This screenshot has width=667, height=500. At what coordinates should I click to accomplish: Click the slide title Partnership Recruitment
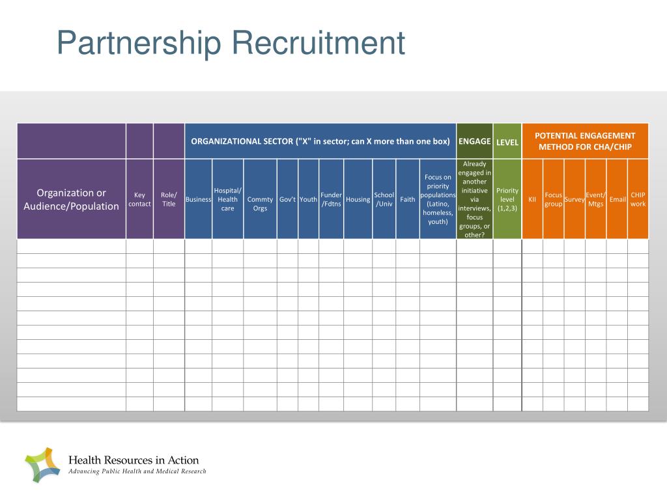(231, 44)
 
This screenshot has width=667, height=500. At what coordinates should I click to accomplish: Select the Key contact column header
(139, 199)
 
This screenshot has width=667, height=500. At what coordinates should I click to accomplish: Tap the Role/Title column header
(169, 199)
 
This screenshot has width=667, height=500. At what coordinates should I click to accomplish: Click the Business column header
(198, 199)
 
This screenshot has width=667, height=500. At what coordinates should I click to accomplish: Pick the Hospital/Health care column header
(227, 199)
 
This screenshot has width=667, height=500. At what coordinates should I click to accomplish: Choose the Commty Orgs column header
(260, 204)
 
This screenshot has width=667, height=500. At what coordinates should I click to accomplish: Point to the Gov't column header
(287, 199)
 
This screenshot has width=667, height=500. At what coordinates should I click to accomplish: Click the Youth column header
(308, 199)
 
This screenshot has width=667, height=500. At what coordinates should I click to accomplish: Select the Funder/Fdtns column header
(331, 199)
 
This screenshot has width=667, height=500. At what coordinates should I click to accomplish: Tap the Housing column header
(358, 199)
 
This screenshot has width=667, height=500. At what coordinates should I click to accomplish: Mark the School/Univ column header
(384, 199)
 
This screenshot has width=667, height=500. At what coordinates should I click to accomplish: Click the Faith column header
(407, 199)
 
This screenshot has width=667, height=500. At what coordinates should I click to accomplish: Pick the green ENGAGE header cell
(474, 141)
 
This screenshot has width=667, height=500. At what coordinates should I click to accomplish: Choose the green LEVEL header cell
(507, 142)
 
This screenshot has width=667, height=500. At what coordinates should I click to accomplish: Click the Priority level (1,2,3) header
(507, 199)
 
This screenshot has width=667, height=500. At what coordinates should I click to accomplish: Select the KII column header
(532, 199)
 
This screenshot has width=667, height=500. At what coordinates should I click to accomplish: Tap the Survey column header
(574, 199)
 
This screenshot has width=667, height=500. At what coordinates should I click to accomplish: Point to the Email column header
(617, 199)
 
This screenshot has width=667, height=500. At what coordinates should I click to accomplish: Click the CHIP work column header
(638, 199)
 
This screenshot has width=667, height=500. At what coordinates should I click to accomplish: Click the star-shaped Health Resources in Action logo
(42, 465)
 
